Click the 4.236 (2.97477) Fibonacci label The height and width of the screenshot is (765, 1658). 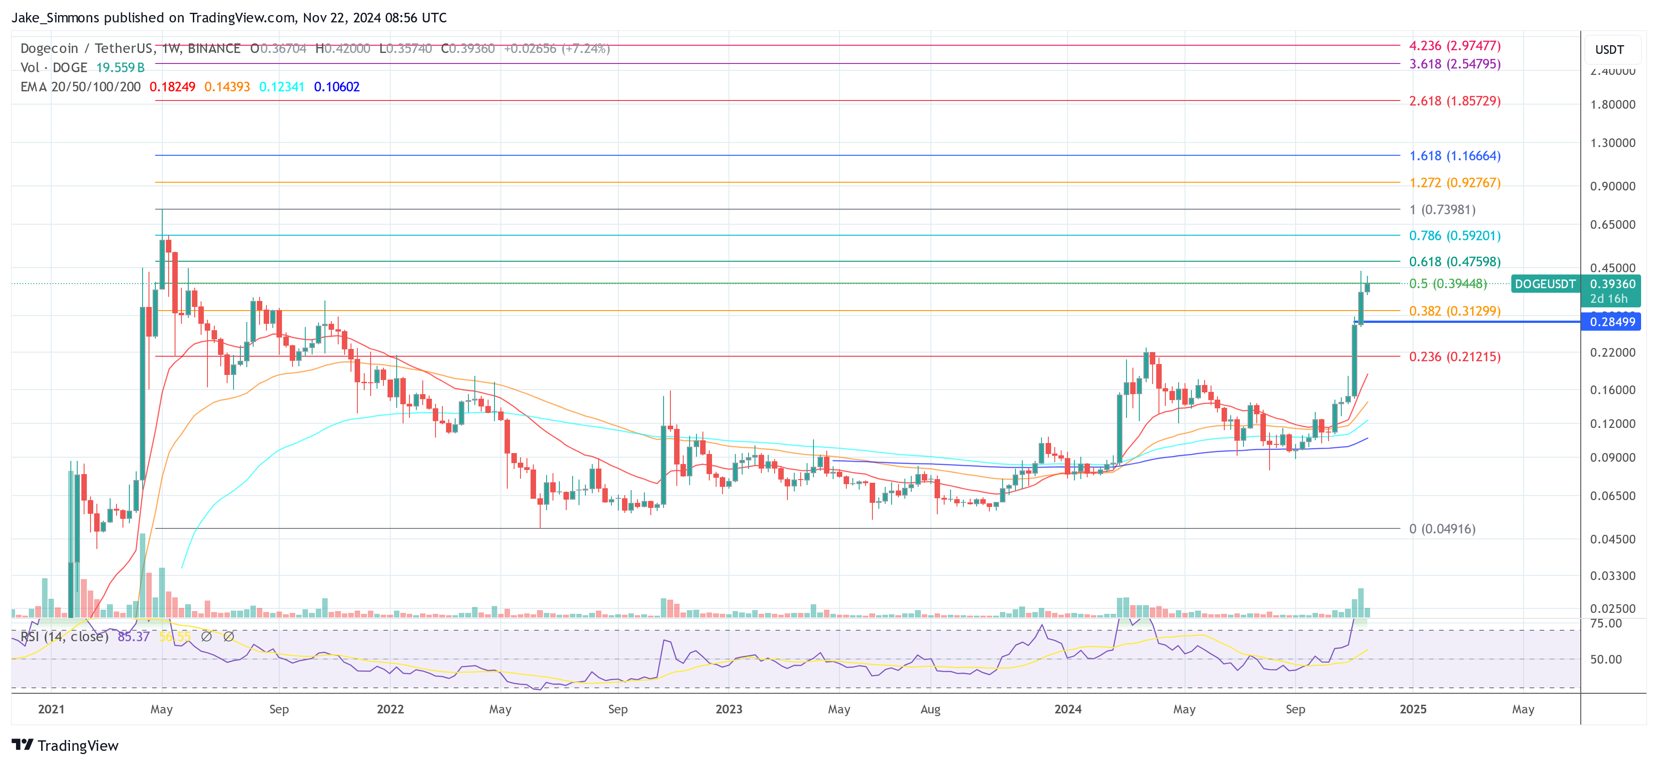pyautogui.click(x=1455, y=46)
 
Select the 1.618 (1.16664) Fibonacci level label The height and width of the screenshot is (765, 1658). pyautogui.click(x=1455, y=156)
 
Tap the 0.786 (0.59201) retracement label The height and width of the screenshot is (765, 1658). pyautogui.click(x=1455, y=236)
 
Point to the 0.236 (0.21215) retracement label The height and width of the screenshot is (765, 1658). pyautogui.click(x=1455, y=356)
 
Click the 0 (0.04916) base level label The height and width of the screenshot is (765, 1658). pyautogui.click(x=1442, y=529)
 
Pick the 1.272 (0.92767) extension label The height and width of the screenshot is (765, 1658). pyautogui.click(x=1455, y=183)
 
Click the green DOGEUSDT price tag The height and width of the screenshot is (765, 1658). pyautogui.click(x=1545, y=284)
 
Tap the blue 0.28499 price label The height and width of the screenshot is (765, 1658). pyautogui.click(x=1612, y=322)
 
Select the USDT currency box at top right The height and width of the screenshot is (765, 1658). pyautogui.click(x=1609, y=49)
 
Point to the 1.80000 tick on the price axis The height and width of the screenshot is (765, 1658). pyautogui.click(x=1612, y=104)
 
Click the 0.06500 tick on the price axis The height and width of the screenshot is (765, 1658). pyautogui.click(x=1612, y=496)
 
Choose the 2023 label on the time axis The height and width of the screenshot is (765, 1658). pyautogui.click(x=728, y=709)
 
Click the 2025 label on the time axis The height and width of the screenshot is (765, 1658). pyautogui.click(x=1413, y=709)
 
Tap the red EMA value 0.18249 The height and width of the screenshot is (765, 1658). pyautogui.click(x=172, y=87)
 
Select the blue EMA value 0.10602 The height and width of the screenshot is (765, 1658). pyautogui.click(x=337, y=87)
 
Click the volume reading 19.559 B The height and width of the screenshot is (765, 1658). pyautogui.click(x=120, y=68)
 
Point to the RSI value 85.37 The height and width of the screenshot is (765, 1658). pyautogui.click(x=133, y=636)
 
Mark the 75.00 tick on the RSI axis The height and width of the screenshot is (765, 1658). pyautogui.click(x=1605, y=623)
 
